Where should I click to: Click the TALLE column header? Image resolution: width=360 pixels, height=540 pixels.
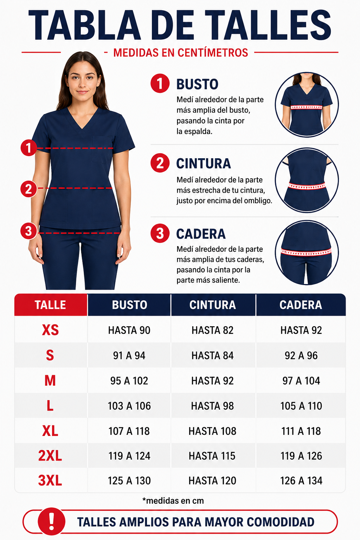pyautogui.click(x=50, y=305)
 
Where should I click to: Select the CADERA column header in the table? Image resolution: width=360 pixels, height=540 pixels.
pyautogui.click(x=301, y=305)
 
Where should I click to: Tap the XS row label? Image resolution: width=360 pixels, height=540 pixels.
pyautogui.click(x=50, y=330)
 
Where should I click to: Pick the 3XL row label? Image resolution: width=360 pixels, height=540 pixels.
pyautogui.click(x=50, y=481)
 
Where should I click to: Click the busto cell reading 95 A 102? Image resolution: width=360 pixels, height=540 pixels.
pyautogui.click(x=129, y=381)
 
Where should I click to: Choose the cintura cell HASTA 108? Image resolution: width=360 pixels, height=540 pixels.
pyautogui.click(x=212, y=431)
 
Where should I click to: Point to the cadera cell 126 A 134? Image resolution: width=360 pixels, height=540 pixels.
pyautogui.click(x=301, y=481)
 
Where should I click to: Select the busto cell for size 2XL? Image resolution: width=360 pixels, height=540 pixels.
pyautogui.click(x=129, y=456)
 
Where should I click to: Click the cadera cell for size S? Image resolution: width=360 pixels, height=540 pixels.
pyautogui.click(x=301, y=355)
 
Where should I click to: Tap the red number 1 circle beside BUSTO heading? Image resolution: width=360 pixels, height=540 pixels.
pyautogui.click(x=160, y=83)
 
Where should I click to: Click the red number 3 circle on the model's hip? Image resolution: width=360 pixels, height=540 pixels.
pyautogui.click(x=29, y=231)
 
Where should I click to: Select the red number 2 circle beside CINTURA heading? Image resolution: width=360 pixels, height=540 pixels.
pyautogui.click(x=160, y=163)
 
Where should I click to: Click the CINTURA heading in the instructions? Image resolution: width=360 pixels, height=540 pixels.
pyautogui.click(x=204, y=163)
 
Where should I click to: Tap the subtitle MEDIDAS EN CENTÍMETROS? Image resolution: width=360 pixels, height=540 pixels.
pyautogui.click(x=181, y=52)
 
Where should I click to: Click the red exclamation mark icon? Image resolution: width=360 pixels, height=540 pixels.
pyautogui.click(x=52, y=522)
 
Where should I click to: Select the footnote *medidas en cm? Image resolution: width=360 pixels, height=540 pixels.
pyautogui.click(x=173, y=501)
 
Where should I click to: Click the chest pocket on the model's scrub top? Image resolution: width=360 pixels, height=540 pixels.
pyautogui.click(x=102, y=150)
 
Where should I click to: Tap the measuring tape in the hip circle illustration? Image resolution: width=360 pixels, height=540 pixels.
pyautogui.click(x=306, y=252)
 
